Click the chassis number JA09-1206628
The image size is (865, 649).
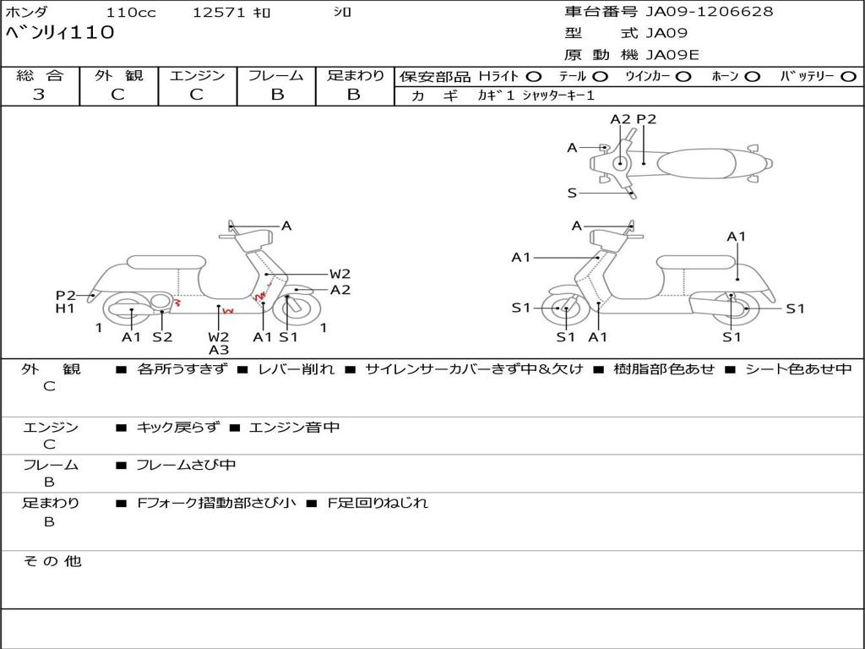pos(710,12)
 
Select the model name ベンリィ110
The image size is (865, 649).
pos(60,33)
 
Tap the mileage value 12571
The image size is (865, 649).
pos(219,12)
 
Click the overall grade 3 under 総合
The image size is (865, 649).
pos(39,95)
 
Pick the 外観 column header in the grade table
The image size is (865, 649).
pos(118,75)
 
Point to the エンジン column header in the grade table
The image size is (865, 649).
pos(197,75)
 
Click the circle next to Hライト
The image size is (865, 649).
pos(534,77)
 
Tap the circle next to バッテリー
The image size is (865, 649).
pos(848,77)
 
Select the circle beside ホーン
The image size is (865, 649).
pos(752,77)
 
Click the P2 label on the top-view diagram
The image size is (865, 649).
pos(646,119)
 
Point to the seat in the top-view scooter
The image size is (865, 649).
pos(697,163)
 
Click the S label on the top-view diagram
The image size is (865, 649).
pos(572,194)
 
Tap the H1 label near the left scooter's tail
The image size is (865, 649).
pos(65,308)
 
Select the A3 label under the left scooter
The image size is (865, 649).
pos(219,350)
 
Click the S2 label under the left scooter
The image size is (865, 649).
pos(162,336)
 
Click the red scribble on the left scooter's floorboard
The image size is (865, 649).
pos(228,312)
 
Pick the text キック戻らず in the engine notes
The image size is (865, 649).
pos(177,427)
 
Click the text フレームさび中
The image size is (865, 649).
pos(186,466)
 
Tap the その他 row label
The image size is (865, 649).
pos(52,561)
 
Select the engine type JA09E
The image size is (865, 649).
pos(672,55)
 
